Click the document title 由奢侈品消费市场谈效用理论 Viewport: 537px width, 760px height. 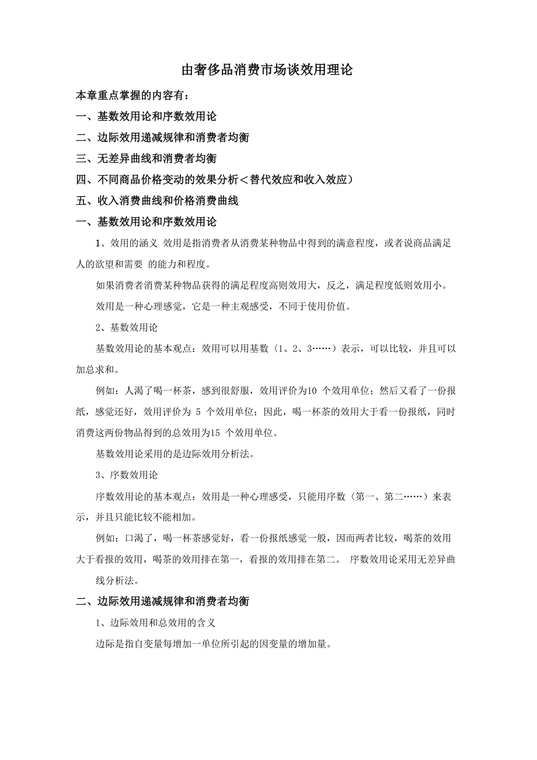point(268,71)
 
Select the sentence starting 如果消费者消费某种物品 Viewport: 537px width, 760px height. point(272,285)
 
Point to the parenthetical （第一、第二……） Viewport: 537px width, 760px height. point(383,496)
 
